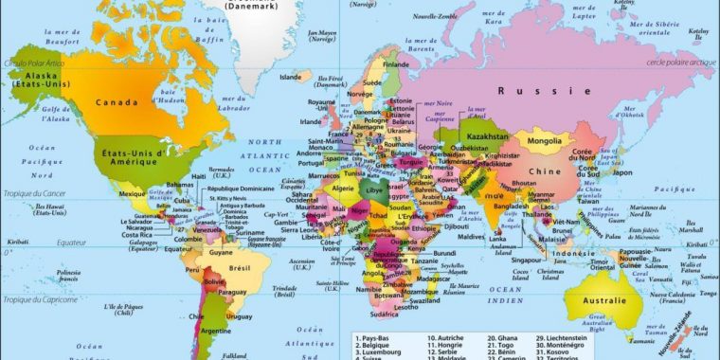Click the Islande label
[x=290, y=77]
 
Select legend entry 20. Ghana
[x=505, y=337]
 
